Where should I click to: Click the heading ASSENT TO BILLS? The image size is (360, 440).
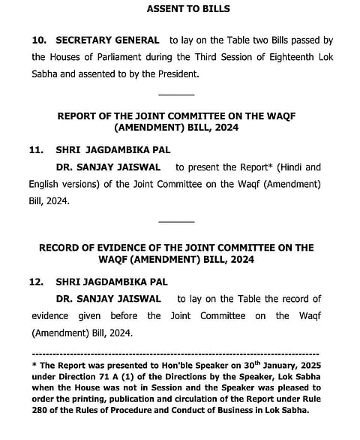(x=178, y=9)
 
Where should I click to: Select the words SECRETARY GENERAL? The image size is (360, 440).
(x=107, y=40)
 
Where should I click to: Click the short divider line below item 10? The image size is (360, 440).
(x=176, y=94)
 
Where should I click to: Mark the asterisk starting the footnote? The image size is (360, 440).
(x=34, y=363)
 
